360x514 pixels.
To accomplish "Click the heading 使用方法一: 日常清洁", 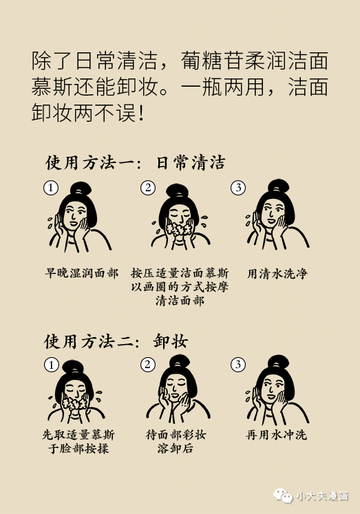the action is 135,163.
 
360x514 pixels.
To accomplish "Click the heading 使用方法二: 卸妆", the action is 116,341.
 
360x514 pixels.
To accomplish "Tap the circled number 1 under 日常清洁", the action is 51,188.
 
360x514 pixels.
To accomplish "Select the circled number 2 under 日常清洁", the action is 148,188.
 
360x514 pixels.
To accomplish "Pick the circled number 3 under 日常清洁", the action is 238,188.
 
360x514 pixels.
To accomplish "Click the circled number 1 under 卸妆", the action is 51,365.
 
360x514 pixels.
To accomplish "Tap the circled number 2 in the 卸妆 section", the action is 147,365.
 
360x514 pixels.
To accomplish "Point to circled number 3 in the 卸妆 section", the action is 238,365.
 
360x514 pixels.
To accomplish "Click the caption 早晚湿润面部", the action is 82,273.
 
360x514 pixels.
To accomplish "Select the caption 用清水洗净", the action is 277,273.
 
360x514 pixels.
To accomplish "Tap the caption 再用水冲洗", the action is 277,435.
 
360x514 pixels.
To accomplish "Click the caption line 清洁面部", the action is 180,301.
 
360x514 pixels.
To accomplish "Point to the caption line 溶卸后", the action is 176,449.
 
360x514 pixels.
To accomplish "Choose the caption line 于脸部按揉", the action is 78,449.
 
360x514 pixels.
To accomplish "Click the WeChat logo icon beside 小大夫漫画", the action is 283,495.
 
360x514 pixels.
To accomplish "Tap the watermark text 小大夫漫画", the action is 322,496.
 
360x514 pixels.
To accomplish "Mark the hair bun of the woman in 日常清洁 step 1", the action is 81,189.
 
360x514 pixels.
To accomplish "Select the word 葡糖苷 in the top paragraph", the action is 212,61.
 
